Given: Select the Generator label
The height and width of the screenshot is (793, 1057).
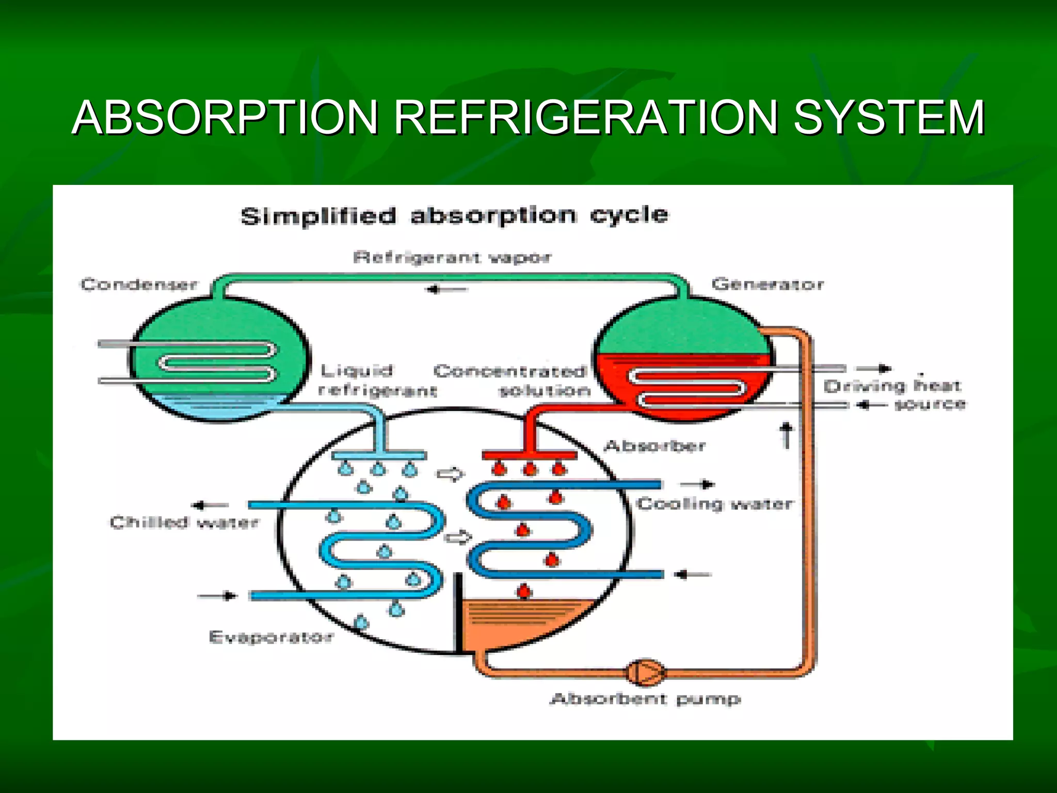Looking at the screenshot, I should click(x=767, y=284).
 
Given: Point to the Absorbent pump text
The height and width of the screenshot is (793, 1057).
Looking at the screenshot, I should click(x=646, y=700).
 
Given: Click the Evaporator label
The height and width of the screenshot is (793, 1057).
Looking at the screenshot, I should click(x=271, y=637).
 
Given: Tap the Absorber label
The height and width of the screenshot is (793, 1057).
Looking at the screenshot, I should click(x=654, y=446).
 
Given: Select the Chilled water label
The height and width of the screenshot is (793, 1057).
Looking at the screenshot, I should click(x=184, y=522).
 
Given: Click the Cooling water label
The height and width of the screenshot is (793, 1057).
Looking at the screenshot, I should click(x=714, y=503).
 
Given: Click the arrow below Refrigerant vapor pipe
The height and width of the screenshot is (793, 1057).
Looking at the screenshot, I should click(x=447, y=290).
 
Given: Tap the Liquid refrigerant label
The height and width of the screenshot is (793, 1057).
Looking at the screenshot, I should click(x=377, y=380).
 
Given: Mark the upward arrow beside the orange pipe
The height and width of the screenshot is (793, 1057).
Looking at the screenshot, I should click(x=786, y=435).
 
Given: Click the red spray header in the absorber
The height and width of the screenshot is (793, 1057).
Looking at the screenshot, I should click(x=529, y=455).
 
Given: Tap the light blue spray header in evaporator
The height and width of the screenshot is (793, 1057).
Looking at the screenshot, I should click(x=379, y=455).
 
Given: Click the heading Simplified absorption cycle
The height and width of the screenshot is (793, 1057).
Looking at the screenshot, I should click(x=454, y=215).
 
